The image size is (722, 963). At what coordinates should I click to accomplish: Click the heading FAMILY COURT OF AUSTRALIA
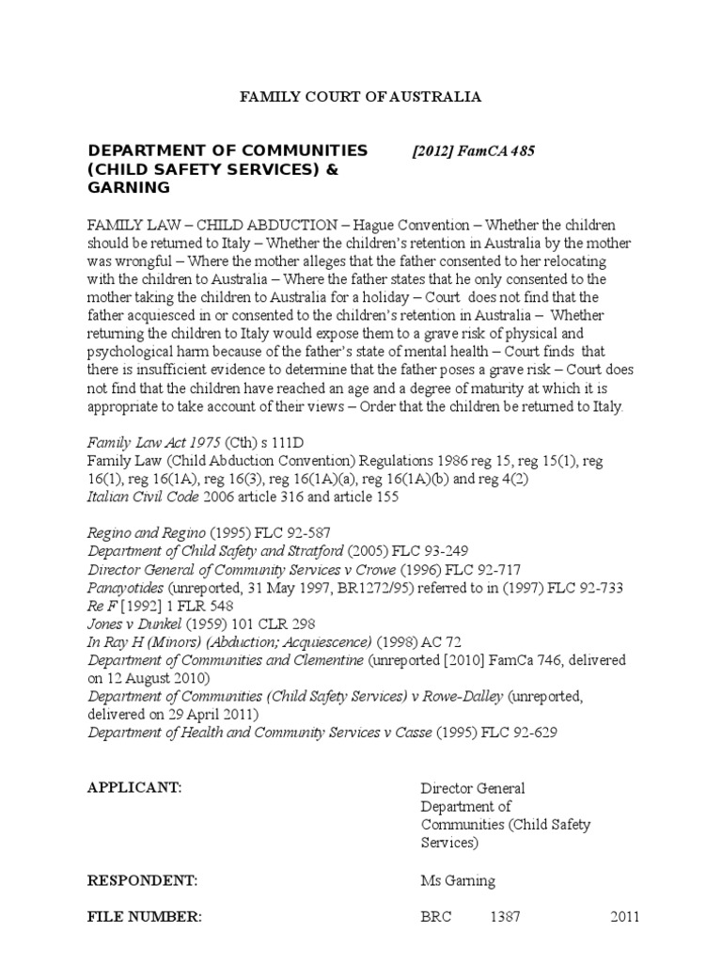coord(361,97)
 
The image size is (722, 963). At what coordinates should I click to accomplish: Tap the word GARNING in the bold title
coord(128,187)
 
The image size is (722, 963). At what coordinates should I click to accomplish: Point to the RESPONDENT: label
coord(142,880)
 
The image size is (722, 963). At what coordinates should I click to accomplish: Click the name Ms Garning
coord(458,880)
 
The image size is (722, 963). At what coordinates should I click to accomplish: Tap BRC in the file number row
coord(437,917)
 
